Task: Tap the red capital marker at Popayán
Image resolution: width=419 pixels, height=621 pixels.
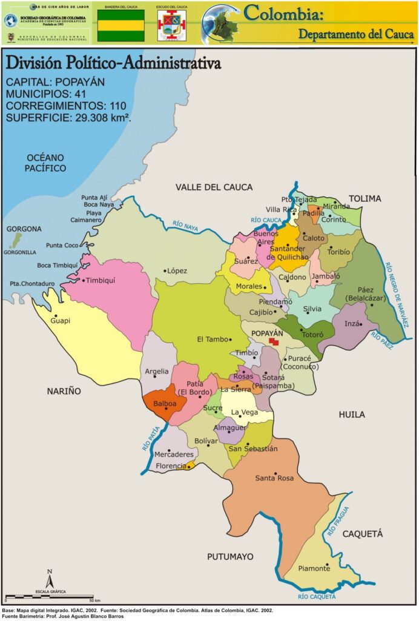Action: click(274, 342)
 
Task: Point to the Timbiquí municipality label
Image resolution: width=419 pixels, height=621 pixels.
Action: click(101, 280)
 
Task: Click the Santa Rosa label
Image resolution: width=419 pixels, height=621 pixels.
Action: click(274, 478)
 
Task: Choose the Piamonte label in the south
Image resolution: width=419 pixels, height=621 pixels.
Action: click(314, 568)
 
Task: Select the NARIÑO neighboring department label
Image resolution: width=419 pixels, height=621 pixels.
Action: click(64, 392)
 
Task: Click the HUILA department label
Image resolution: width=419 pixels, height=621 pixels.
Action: click(352, 415)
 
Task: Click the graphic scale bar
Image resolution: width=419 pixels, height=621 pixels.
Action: click(48, 597)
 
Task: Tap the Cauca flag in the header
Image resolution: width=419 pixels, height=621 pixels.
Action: click(121, 25)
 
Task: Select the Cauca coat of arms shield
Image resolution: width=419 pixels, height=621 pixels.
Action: click(171, 25)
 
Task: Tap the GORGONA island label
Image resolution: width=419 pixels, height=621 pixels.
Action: click(24, 229)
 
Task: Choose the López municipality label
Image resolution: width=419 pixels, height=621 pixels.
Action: click(177, 271)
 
